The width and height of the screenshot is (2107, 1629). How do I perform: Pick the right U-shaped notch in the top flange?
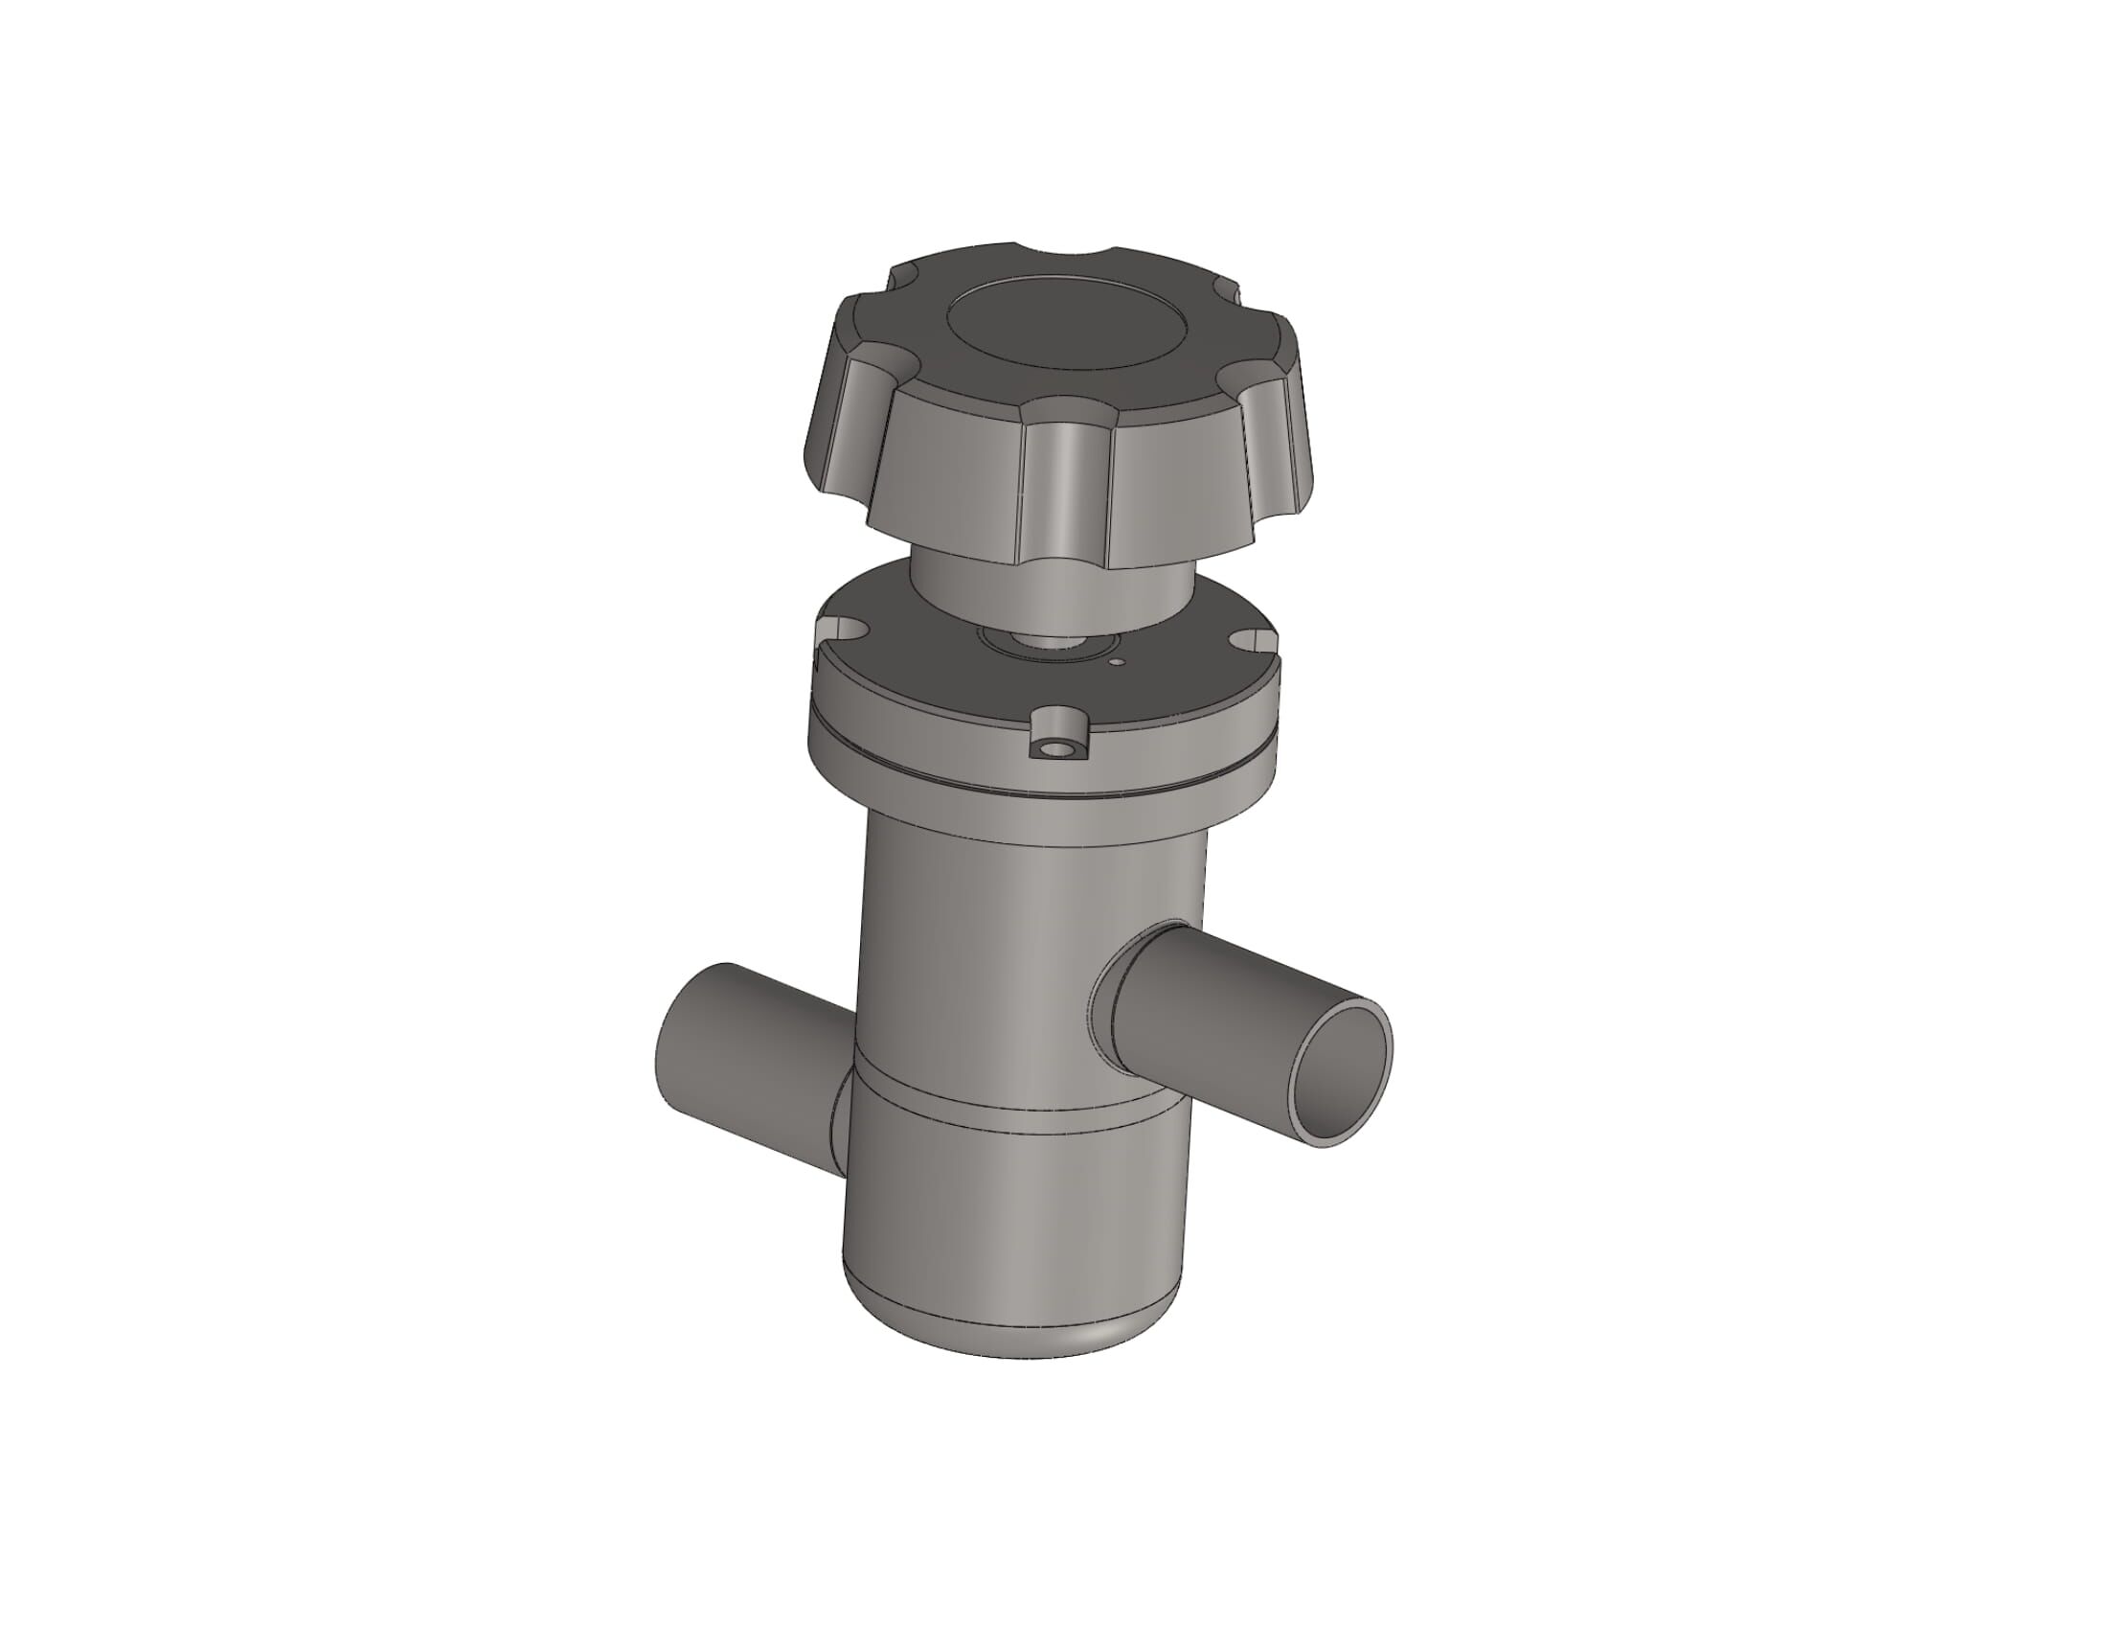[x=1252, y=641]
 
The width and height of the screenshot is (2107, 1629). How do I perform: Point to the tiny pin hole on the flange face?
[x=1116, y=663]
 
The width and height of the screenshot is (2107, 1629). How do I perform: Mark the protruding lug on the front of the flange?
[x=1057, y=735]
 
